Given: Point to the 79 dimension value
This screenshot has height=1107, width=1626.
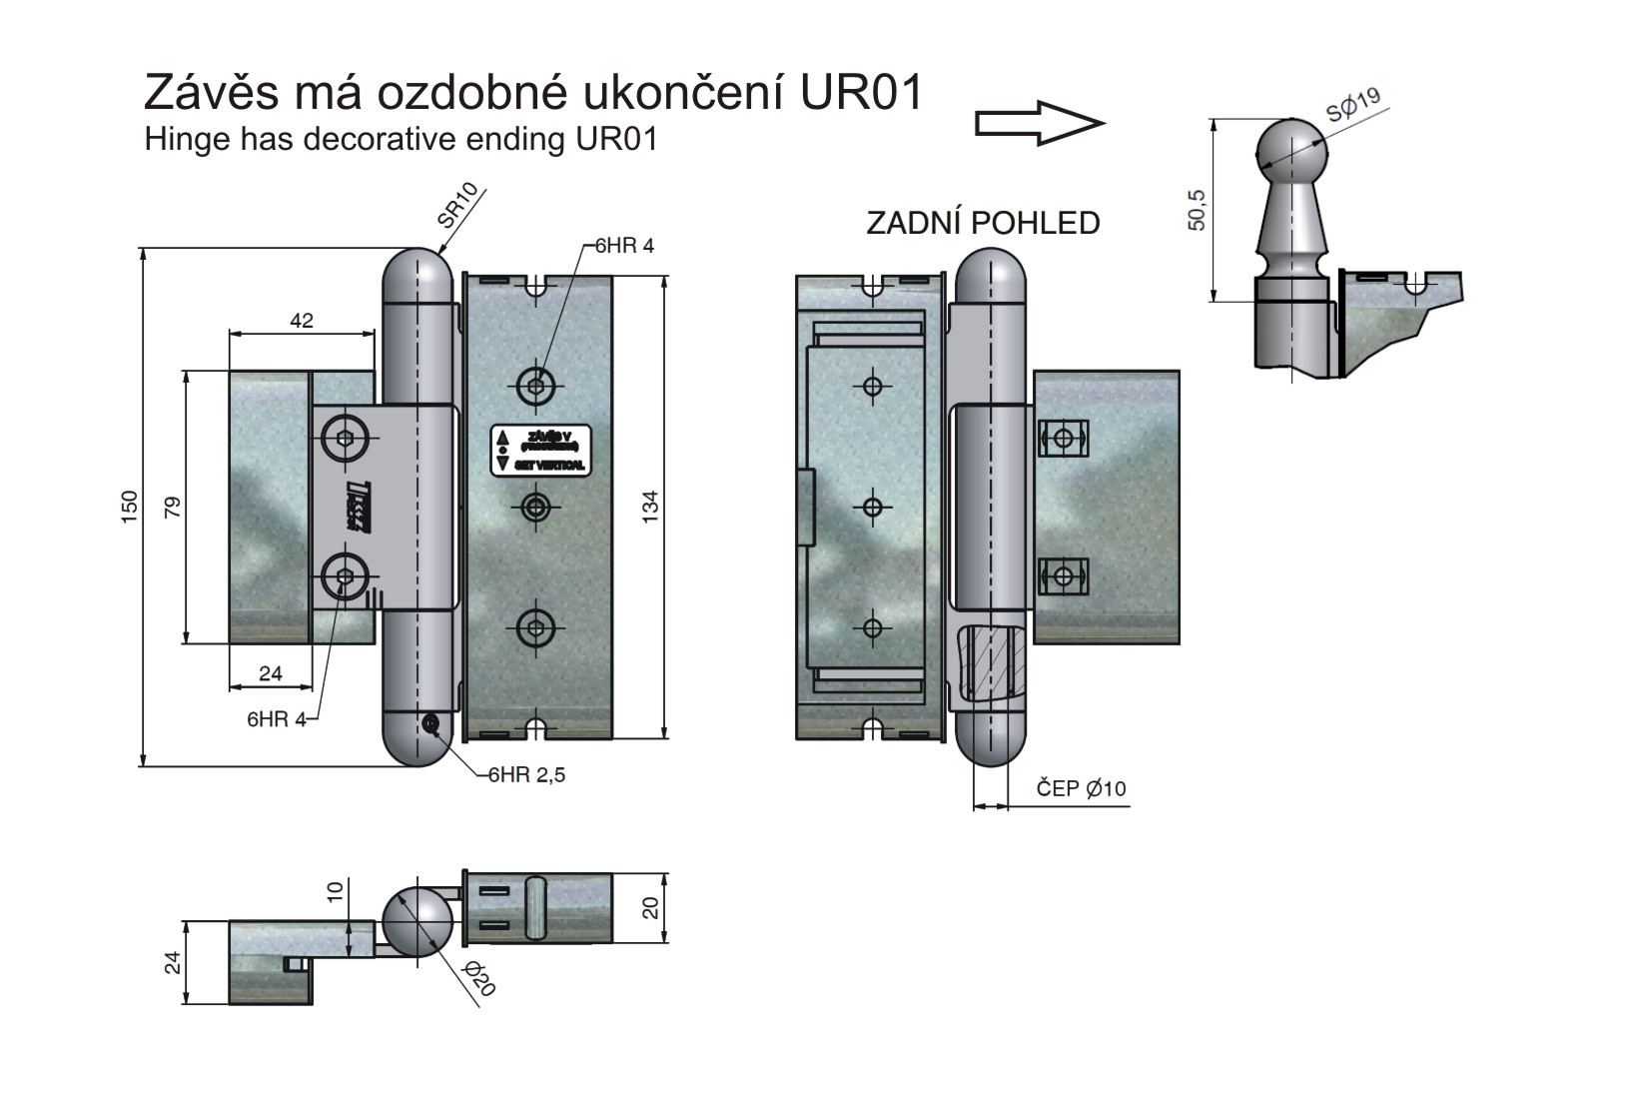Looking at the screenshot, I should [172, 507].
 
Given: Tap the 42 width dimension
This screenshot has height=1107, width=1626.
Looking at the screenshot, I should [302, 321].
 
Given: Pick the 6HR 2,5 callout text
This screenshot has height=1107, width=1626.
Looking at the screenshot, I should [526, 774].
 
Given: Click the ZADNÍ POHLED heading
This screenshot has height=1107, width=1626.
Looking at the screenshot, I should [983, 223].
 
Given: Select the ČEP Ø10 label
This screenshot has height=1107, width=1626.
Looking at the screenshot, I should [1081, 789].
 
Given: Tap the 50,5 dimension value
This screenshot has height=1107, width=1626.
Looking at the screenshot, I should [1198, 210].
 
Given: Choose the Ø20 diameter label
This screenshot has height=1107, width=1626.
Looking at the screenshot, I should [480, 980].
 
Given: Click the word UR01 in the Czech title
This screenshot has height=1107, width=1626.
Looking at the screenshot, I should [861, 93].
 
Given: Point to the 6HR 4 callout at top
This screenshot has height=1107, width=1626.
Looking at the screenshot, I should [624, 246].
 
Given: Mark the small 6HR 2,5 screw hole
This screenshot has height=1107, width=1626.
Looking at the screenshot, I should [431, 724].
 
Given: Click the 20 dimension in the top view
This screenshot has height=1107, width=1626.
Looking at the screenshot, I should [650, 907].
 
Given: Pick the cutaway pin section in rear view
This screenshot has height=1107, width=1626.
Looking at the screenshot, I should [989, 662].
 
